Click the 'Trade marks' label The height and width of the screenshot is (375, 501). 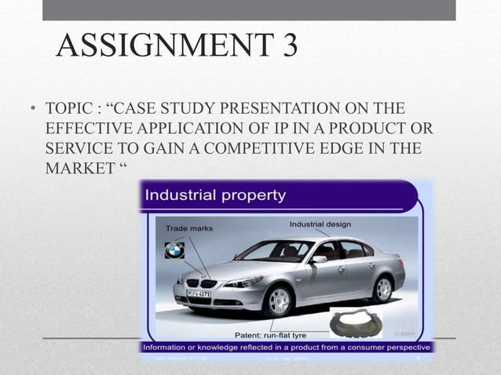[188, 228]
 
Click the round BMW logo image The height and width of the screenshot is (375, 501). [174, 250]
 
